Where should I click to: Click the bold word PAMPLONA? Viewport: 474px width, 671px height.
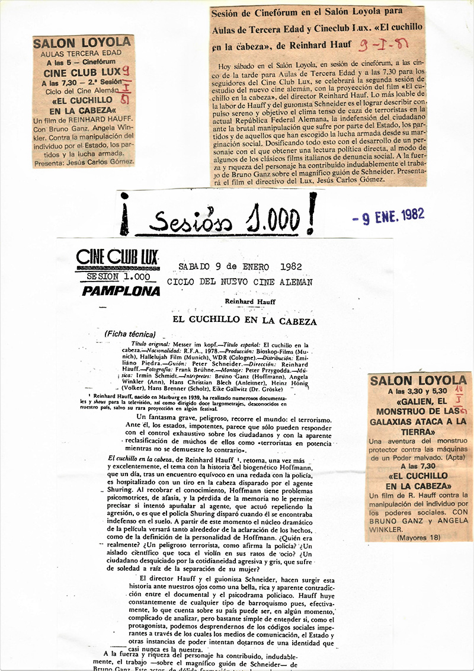point(121,291)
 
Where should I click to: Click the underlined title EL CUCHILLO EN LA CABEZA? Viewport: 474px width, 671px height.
point(244,321)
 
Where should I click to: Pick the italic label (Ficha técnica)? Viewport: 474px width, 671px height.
point(130,334)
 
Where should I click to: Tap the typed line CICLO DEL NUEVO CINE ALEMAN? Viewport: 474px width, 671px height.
point(239,283)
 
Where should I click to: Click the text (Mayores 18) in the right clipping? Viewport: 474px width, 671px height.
point(418,537)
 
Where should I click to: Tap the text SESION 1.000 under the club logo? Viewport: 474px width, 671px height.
point(118,276)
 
